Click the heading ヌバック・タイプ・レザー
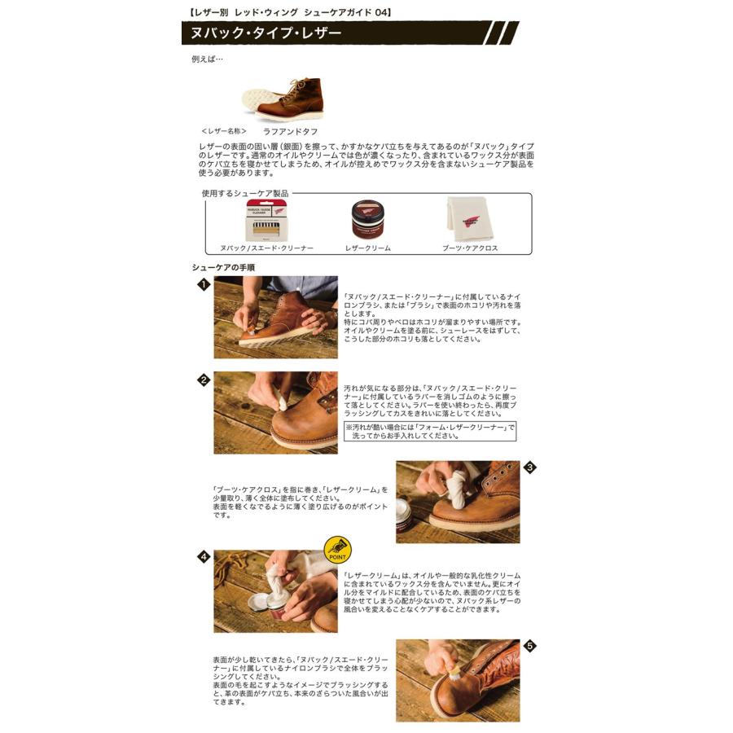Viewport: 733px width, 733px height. tap(266, 33)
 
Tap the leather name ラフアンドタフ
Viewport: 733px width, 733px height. tap(290, 130)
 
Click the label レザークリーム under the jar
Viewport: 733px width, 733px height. tap(368, 248)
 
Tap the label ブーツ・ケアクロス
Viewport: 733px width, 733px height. tap(470, 248)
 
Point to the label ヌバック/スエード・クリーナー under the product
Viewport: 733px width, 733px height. tap(267, 248)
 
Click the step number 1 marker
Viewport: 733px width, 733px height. tap(204, 284)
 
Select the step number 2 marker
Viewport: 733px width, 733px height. tap(204, 380)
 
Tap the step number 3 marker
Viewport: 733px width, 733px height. tap(530, 467)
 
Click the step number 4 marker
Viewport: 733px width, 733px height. tap(204, 557)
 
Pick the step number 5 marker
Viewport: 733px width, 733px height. tap(530, 646)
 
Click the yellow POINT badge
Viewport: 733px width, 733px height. tap(337, 551)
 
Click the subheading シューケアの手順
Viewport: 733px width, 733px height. tap(223, 266)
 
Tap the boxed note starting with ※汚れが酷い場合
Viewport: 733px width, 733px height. tap(429, 431)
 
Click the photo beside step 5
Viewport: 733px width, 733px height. tap(458, 680)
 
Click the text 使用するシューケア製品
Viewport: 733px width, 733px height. tap(244, 194)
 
